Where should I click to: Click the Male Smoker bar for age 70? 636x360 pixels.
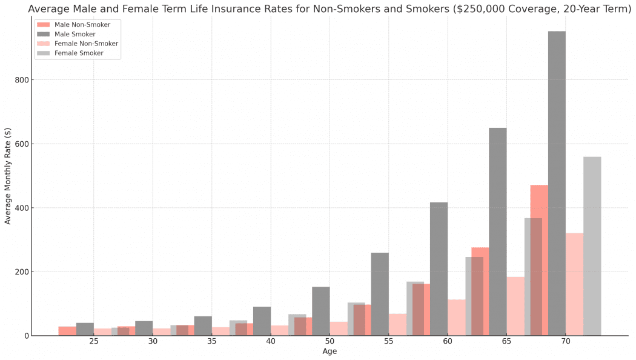coord(557,184)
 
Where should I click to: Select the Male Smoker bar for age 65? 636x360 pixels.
coord(498,232)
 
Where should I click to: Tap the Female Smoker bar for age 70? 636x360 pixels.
coord(592,246)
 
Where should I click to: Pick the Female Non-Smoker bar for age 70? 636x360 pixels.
coord(574,284)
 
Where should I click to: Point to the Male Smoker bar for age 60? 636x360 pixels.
coord(439,269)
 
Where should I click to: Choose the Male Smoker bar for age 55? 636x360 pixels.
coord(380,295)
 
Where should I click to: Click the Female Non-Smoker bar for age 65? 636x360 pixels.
coord(515,307)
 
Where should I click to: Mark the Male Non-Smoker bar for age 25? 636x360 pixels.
coord(67,331)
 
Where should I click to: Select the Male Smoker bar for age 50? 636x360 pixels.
coord(321,312)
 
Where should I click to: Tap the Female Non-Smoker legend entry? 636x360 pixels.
coord(77,44)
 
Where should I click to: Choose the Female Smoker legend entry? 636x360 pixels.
coord(70,53)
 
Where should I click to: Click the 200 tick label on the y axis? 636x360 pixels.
coord(23,272)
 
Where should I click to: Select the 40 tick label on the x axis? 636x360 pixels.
coord(271,341)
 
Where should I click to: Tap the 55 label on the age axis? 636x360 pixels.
coord(389,341)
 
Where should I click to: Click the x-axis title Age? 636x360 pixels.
coord(330,351)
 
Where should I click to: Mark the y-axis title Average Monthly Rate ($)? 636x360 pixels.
coord(8,176)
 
